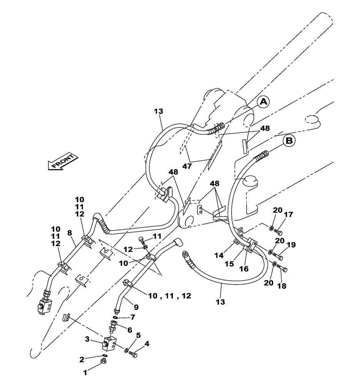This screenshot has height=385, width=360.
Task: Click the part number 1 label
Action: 85,372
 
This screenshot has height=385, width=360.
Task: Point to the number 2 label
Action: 82,359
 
